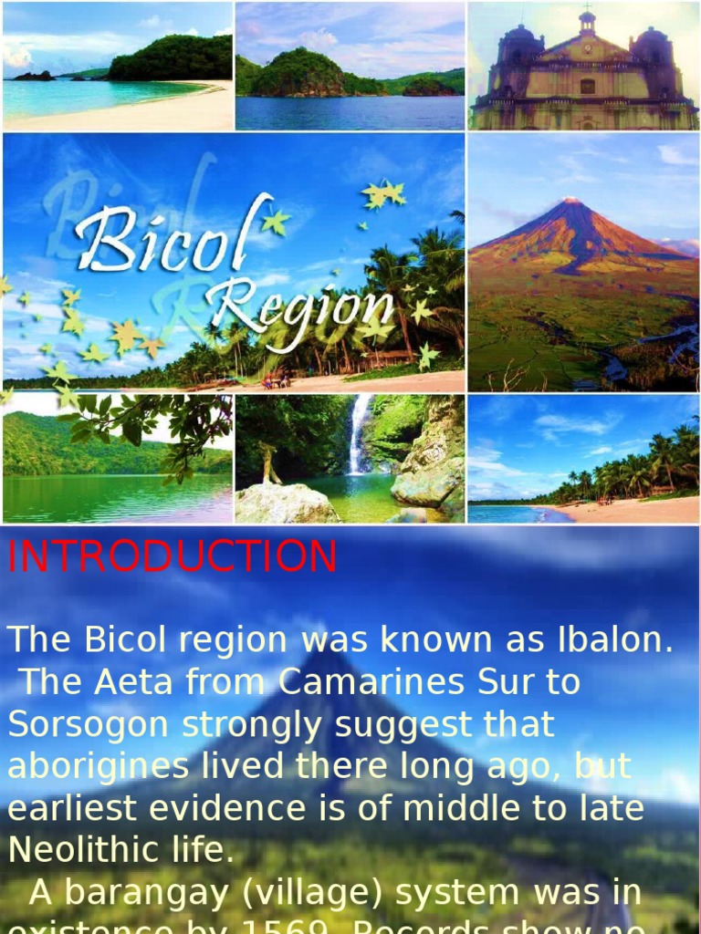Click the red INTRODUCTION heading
tap(173, 557)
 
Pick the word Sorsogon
tap(89, 724)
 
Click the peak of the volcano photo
tap(571, 201)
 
